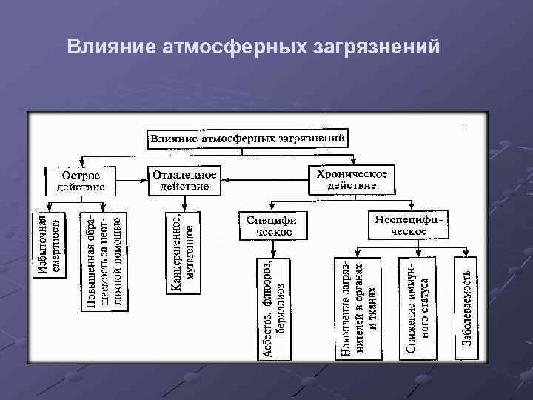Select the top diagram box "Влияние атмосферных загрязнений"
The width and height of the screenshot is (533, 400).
pyautogui.click(x=247, y=139)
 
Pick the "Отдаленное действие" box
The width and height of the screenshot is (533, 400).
pyautogui.click(x=185, y=181)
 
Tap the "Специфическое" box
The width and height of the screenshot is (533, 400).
pyautogui.click(x=265, y=225)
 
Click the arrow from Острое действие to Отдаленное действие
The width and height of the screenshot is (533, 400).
pyautogui.click(x=133, y=179)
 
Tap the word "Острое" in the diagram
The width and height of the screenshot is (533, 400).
pyautogui.click(x=81, y=175)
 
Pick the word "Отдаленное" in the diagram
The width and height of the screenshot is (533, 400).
pyautogui.click(x=185, y=175)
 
